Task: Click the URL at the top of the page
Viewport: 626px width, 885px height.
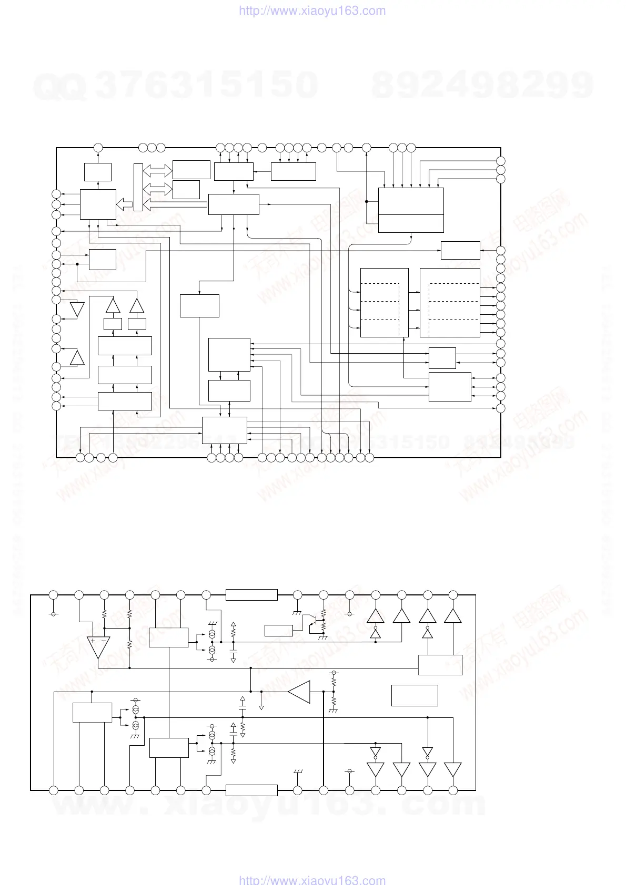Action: [312, 11]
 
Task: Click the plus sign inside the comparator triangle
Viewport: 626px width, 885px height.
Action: [93, 641]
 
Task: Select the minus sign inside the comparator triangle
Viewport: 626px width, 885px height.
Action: [104, 641]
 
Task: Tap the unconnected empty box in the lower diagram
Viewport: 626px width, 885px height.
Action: [415, 695]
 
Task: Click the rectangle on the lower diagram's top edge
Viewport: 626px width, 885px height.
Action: [251, 595]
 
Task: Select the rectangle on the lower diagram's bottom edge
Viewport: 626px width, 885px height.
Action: [251, 790]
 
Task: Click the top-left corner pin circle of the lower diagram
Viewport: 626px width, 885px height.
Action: [53, 595]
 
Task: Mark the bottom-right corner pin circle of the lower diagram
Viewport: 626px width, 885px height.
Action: [453, 790]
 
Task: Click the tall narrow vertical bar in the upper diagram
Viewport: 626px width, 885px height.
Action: [138, 187]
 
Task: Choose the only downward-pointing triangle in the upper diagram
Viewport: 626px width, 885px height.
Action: [77, 310]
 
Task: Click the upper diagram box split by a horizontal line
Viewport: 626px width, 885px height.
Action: [411, 210]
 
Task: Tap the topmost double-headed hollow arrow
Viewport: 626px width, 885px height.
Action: [158, 170]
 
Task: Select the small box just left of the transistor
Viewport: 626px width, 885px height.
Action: [279, 631]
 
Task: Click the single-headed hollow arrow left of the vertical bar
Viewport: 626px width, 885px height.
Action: [124, 204]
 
